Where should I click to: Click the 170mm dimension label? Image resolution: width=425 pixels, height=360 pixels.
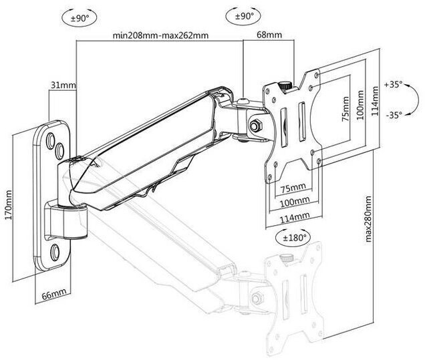coord(9,205)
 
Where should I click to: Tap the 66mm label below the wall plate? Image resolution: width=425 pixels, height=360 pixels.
coord(54,294)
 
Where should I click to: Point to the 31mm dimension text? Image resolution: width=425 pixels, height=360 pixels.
coord(63,85)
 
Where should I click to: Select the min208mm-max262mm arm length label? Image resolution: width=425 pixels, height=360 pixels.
coord(160,35)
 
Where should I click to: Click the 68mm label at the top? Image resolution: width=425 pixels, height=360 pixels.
coord(269,35)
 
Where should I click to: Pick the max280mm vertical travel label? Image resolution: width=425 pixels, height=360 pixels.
coord(368,218)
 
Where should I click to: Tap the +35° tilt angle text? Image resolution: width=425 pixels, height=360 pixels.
coord(394,85)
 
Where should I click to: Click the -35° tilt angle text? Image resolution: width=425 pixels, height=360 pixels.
coord(394,115)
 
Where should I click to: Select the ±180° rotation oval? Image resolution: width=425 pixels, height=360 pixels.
coord(293,238)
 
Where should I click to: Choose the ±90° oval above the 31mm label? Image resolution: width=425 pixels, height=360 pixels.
coord(80,19)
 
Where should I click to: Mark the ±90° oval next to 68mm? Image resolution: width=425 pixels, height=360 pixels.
coord(243,17)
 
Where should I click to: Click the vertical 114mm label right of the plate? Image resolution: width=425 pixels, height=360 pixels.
coord(375,101)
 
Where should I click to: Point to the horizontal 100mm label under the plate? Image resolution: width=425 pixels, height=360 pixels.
coord(294,202)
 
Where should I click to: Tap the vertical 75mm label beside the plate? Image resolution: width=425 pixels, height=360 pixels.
coord(345,109)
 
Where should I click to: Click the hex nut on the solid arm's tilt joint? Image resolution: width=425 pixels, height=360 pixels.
coord(255,126)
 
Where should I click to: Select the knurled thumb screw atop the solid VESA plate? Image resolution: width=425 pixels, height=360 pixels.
coord(285,86)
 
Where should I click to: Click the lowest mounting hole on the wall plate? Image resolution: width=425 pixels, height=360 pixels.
coord(55,252)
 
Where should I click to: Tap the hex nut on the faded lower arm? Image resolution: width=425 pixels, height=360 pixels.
coord(257,299)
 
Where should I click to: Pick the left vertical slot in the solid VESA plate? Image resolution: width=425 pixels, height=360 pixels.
coord(283,128)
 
